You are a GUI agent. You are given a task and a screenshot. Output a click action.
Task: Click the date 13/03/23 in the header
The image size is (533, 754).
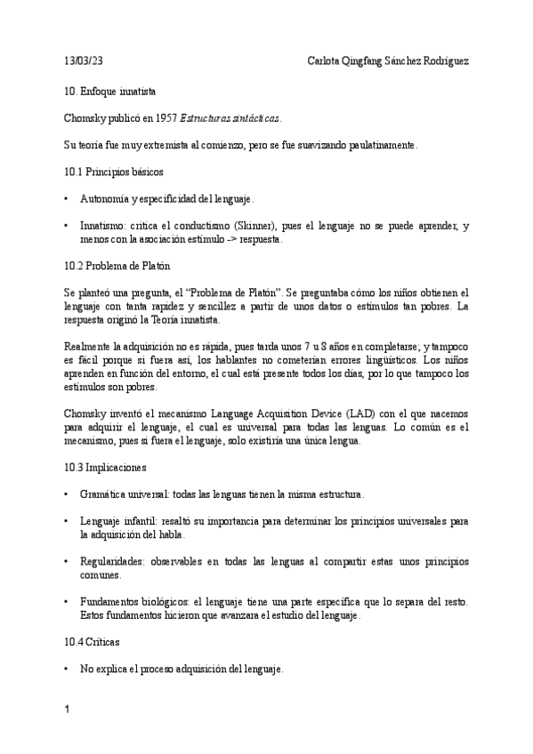(x=84, y=61)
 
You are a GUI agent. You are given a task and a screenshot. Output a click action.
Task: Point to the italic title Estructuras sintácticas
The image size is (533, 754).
(x=230, y=117)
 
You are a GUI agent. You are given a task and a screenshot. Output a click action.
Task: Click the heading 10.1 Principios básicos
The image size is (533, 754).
(x=113, y=170)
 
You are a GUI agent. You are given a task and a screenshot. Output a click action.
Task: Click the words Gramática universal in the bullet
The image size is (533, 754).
(x=119, y=493)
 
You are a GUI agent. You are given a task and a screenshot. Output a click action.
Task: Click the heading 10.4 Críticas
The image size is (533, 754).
(x=93, y=641)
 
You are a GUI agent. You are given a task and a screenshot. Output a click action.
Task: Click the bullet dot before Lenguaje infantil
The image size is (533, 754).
(x=68, y=521)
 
